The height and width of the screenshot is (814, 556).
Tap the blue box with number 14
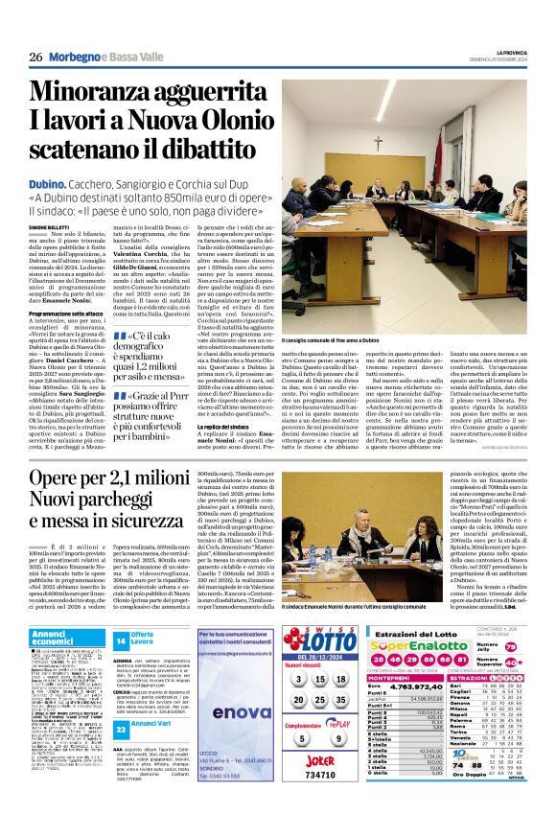121,640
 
